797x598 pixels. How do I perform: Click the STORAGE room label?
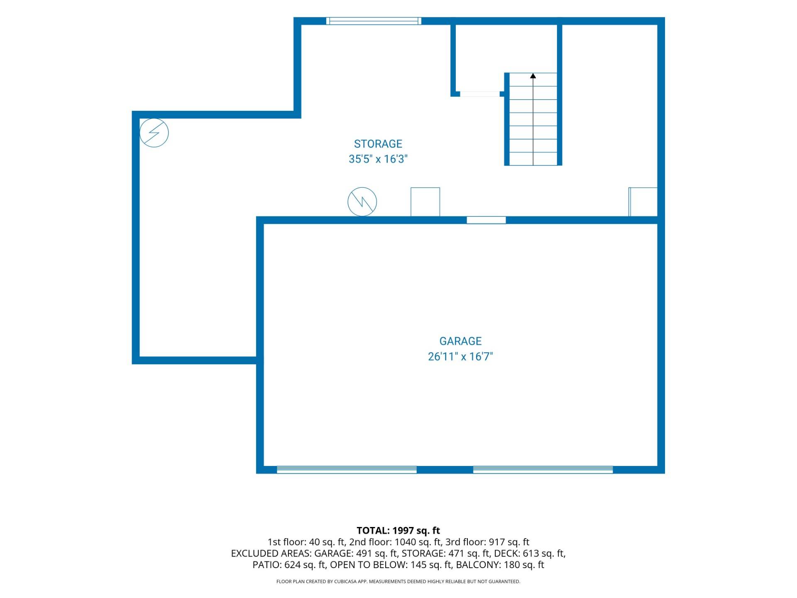point(378,144)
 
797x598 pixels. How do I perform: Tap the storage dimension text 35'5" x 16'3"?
point(378,159)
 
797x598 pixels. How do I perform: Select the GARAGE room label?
point(460,341)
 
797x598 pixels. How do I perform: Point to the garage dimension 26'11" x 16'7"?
point(460,356)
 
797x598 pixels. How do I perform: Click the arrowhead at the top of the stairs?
point(533,76)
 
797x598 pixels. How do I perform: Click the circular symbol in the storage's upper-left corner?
point(154,133)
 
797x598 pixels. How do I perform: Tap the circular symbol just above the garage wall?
point(362,202)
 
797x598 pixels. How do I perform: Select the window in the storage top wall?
point(374,21)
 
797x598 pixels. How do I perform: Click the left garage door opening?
point(347,470)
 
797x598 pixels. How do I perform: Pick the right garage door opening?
point(543,470)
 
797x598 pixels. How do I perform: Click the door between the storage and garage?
point(486,220)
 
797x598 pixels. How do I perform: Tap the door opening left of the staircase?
point(480,94)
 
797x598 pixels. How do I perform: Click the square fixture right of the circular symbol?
point(425,202)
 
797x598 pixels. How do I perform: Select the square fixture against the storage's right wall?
point(643,202)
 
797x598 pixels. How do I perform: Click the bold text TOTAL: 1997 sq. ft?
point(398,530)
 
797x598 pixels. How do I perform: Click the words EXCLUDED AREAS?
point(271,554)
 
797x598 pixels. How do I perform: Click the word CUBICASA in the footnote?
point(345,582)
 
